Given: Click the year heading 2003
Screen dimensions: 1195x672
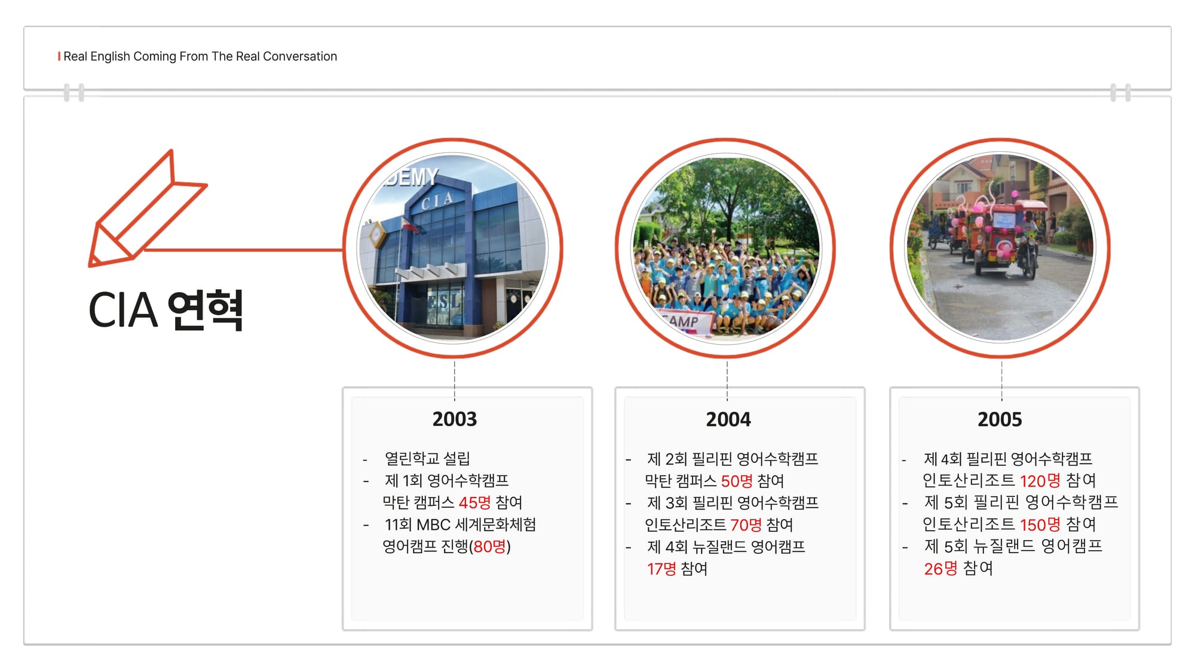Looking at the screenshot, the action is (455, 419).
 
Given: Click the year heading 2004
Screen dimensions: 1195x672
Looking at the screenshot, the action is (728, 419).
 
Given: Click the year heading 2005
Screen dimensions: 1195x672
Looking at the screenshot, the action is (1000, 419).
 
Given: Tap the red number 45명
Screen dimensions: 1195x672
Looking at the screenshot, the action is (474, 502).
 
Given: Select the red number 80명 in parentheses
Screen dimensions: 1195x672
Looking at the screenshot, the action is (489, 547).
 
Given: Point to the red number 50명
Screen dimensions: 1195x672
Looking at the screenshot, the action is (737, 481).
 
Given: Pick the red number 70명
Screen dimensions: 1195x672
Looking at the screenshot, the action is (746, 525).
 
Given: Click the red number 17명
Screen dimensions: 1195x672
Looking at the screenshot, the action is (661, 569).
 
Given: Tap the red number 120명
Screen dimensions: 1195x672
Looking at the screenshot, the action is (1040, 481).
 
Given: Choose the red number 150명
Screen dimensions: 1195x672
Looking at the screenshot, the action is (1040, 524).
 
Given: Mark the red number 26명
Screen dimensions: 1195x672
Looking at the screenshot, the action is (940, 569).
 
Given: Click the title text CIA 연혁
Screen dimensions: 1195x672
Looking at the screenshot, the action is (166, 310).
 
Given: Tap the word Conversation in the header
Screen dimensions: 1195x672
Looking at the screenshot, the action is (300, 56).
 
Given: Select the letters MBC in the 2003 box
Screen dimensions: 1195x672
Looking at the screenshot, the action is (433, 525).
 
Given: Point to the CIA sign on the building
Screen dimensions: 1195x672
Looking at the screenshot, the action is (437, 201).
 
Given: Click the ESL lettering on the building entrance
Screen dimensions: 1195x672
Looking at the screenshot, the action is (445, 302).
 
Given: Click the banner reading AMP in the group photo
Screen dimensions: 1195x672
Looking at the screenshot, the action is (686, 323).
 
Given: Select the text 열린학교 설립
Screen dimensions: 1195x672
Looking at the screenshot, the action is (427, 459).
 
